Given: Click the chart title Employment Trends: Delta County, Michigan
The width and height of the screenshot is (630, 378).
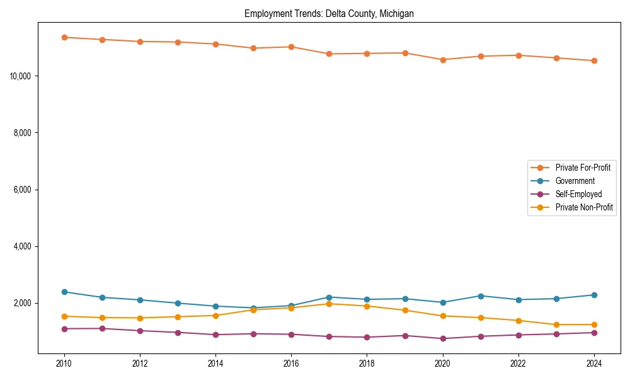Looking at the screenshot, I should click(x=329, y=14).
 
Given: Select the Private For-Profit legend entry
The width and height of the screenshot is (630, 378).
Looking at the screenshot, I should click(x=582, y=168).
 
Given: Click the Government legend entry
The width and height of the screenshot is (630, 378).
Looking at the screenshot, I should click(x=575, y=181).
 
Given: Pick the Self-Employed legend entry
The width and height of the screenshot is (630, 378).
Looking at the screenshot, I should click(x=578, y=194).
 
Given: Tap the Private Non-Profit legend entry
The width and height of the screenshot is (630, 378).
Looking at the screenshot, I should click(x=584, y=207).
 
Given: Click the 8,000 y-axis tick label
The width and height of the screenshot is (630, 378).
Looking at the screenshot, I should click(x=23, y=133).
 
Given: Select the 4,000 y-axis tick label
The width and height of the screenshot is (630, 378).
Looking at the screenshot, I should click(x=23, y=246).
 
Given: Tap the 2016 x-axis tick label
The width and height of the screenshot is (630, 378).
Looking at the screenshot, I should click(x=291, y=364).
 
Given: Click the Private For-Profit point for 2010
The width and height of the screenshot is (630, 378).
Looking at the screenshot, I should click(x=64, y=37).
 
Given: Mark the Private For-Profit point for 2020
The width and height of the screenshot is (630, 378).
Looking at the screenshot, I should click(x=443, y=60).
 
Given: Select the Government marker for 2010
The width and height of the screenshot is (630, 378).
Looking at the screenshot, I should click(x=64, y=292).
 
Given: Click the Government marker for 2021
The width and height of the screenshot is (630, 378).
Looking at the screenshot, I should click(x=481, y=296).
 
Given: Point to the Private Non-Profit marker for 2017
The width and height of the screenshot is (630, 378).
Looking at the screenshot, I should click(x=329, y=304).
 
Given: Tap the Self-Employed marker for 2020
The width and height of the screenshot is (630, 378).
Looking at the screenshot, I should click(x=443, y=338).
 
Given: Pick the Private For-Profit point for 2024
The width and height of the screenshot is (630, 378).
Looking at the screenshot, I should click(x=594, y=60).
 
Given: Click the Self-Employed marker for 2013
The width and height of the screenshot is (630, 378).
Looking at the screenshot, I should click(x=178, y=333).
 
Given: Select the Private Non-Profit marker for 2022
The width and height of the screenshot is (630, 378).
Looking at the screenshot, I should click(x=518, y=321).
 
